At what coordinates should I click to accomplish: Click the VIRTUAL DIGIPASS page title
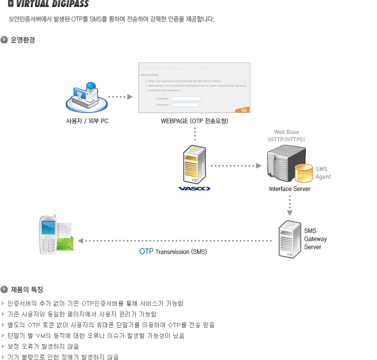coord(52,5)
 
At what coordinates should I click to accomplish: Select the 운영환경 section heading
coord(23,40)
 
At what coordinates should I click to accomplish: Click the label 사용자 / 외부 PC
coord(87,121)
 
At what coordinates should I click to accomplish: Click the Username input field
coord(186,98)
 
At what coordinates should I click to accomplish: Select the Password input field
coord(186,104)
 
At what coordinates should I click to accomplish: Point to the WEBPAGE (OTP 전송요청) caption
coord(194,121)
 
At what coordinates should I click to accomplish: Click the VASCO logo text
coord(194,189)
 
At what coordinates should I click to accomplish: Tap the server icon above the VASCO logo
coord(194,165)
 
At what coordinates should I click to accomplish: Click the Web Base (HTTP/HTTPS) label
coord(287,136)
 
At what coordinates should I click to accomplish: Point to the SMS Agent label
coord(323,173)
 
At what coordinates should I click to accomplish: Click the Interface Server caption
coord(290,189)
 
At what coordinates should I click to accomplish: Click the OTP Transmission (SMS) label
coord(173,251)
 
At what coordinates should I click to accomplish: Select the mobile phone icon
coord(48,235)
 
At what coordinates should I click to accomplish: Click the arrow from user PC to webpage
coord(120,97)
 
